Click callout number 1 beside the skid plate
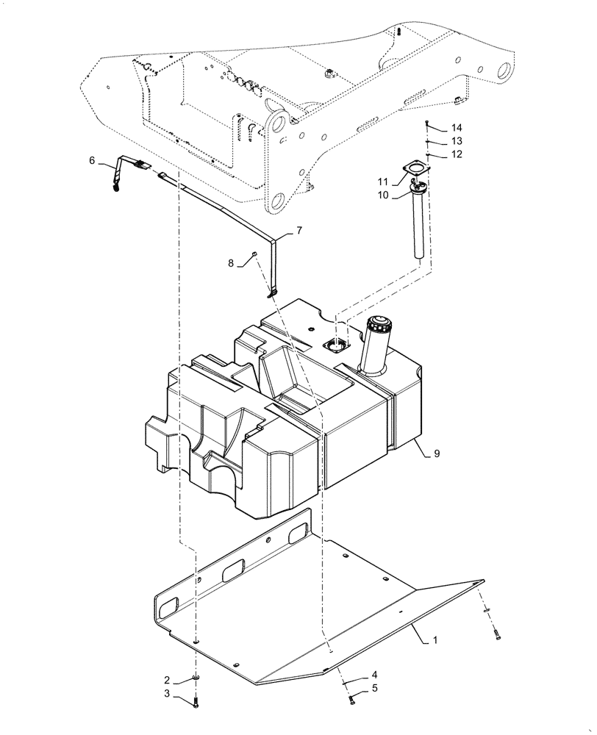(435, 640)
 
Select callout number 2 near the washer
(167, 680)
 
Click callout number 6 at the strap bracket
(92, 160)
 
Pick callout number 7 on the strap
(299, 231)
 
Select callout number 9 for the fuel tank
(437, 454)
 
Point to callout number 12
(457, 154)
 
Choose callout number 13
(457, 140)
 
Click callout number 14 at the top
(457, 126)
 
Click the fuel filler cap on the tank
(380, 323)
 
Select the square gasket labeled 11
(413, 174)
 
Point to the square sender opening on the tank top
(336, 343)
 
